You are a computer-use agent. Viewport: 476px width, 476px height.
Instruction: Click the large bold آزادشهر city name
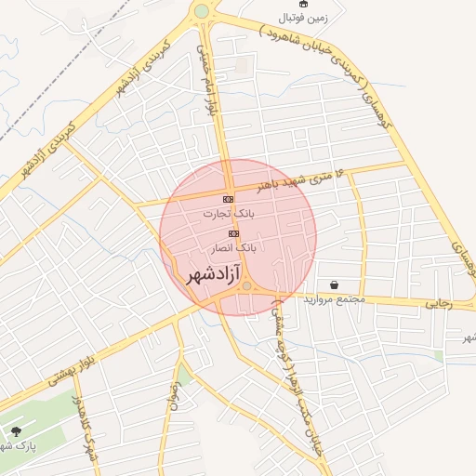pyautogui.click(x=213, y=274)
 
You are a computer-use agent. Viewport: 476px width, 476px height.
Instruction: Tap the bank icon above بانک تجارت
pyautogui.click(x=229, y=200)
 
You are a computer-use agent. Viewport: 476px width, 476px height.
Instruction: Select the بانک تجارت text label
pyautogui.click(x=228, y=214)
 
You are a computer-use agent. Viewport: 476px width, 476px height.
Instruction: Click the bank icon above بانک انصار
pyautogui.click(x=233, y=233)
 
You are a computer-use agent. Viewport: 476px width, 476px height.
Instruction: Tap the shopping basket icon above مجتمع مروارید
pyautogui.click(x=333, y=284)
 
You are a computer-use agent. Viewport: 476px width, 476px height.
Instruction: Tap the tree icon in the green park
pyautogui.click(x=16, y=431)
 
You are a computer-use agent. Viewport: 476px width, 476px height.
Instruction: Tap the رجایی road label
pyautogui.click(x=438, y=302)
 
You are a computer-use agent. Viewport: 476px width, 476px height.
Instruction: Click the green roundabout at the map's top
pyautogui.click(x=201, y=12)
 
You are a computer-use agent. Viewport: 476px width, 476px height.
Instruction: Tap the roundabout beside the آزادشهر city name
pyautogui.click(x=246, y=287)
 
